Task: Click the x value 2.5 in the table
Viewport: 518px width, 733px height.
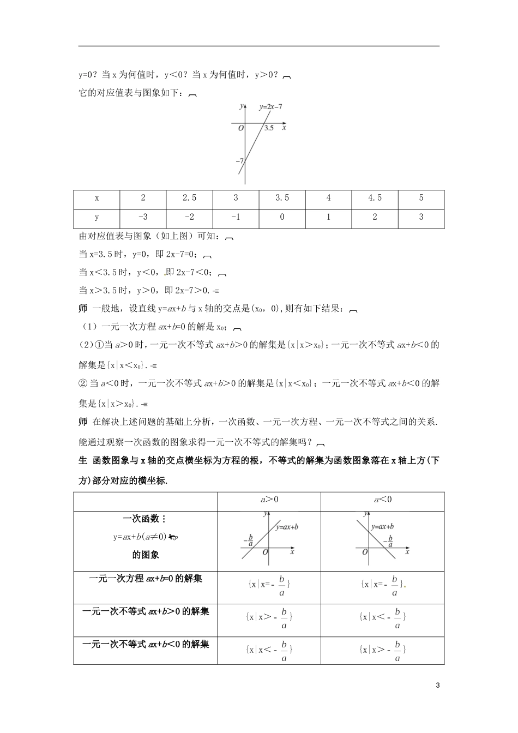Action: tap(189, 198)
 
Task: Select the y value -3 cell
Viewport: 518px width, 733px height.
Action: tap(143, 217)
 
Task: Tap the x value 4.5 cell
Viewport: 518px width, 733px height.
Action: tap(375, 198)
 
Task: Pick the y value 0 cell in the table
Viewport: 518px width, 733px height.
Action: tap(282, 217)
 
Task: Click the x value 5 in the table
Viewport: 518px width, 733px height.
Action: tap(421, 198)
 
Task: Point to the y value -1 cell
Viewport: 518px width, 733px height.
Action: tap(236, 217)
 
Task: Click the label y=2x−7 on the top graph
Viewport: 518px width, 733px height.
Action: tap(270, 107)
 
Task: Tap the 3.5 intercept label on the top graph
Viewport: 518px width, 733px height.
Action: tap(269, 128)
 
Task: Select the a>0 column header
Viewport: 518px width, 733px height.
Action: tap(269, 499)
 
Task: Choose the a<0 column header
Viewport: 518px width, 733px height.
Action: tap(382, 499)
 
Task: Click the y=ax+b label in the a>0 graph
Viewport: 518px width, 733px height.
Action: tap(287, 527)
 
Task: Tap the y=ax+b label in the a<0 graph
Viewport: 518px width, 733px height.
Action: tap(382, 527)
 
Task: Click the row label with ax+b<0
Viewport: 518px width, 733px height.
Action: tap(146, 644)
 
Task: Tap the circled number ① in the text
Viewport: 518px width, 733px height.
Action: tap(100, 344)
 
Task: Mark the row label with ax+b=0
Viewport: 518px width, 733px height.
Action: tap(146, 579)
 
